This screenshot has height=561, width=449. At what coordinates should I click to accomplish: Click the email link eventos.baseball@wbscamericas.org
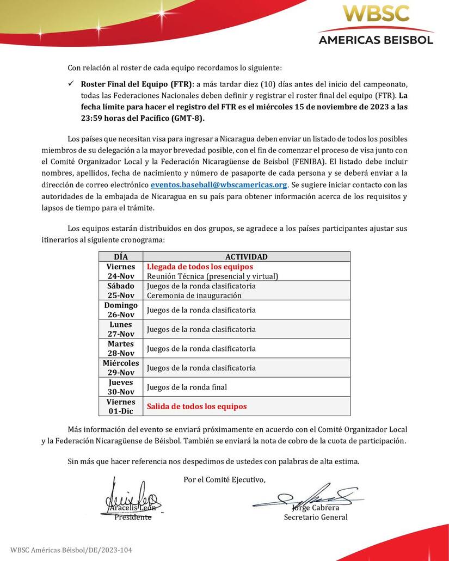click(x=219, y=185)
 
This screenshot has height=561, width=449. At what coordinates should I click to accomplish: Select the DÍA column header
click(x=121, y=257)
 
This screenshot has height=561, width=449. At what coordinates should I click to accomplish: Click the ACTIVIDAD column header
click(x=246, y=257)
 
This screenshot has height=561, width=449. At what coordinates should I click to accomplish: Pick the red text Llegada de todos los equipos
click(x=200, y=267)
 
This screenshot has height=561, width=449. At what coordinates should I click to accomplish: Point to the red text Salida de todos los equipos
click(x=196, y=406)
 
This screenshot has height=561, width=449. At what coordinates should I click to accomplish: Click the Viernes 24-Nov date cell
click(x=121, y=271)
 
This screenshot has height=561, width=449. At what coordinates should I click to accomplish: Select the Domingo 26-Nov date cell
click(x=121, y=310)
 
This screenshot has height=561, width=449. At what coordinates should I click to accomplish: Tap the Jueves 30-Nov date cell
click(x=121, y=387)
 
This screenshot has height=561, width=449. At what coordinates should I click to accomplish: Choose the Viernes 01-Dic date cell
click(x=121, y=406)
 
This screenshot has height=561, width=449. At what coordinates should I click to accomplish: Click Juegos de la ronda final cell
click(x=187, y=387)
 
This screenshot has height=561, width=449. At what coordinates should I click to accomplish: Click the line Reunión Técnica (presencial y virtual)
click(x=212, y=276)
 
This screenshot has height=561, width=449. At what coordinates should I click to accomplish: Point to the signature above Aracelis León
click(x=131, y=495)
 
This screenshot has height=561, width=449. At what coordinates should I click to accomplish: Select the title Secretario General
click(x=316, y=517)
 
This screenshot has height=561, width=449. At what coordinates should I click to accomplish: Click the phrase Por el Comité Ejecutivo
click(x=225, y=479)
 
